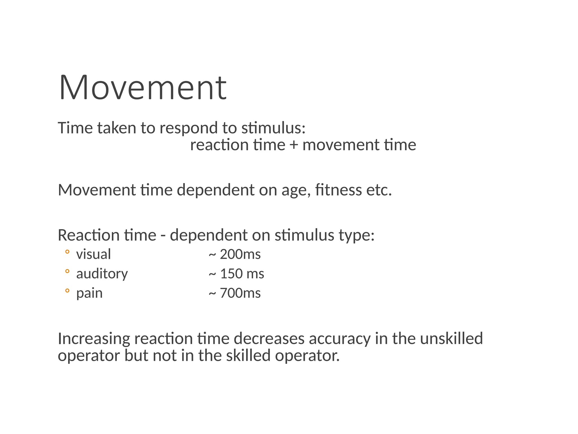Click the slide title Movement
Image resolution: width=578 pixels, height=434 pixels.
click(x=143, y=87)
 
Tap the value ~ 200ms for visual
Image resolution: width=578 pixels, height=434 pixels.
click(x=235, y=254)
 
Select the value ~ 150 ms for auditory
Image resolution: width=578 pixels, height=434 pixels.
click(x=236, y=274)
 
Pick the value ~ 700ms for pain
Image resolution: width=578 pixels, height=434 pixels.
click(x=235, y=293)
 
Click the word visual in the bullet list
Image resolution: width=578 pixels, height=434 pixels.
click(x=93, y=254)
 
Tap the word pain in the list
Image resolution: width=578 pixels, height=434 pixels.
click(x=89, y=293)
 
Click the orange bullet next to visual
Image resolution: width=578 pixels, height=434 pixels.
click(x=67, y=252)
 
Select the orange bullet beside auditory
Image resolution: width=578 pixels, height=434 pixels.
click(x=67, y=271)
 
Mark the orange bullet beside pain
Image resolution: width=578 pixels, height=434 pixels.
click(x=67, y=290)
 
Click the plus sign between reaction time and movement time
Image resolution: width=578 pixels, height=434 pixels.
click(x=294, y=145)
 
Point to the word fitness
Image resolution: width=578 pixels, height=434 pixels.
click(x=338, y=190)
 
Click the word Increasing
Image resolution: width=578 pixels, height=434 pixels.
click(x=94, y=339)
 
